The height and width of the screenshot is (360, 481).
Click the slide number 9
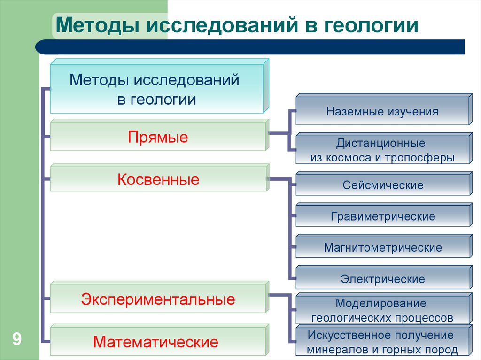click(x=17, y=339)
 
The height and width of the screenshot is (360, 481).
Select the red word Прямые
click(x=158, y=138)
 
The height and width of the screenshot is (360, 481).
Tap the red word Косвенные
click(x=158, y=180)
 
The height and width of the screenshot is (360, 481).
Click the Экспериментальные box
click(x=158, y=299)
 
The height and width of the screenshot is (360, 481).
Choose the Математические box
click(x=158, y=341)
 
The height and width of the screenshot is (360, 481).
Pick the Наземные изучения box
click(x=382, y=112)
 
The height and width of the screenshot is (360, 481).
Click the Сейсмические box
click(x=382, y=185)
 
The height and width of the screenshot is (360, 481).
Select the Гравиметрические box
click(x=382, y=216)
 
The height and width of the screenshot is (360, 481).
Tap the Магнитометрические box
click(x=382, y=247)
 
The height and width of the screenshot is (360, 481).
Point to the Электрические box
click(x=382, y=279)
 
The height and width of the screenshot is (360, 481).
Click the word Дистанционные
click(x=380, y=143)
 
